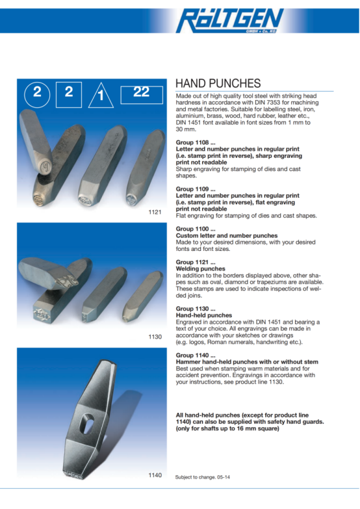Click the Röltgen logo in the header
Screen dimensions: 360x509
click(230, 20)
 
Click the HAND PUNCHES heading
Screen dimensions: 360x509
click(218, 83)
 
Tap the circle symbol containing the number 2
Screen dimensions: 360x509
click(37, 95)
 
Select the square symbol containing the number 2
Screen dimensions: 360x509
click(69, 94)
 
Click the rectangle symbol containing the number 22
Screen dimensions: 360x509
click(142, 95)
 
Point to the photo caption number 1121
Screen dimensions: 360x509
click(155, 213)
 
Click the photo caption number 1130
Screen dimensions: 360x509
click(155, 337)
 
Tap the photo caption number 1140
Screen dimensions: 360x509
click(155, 475)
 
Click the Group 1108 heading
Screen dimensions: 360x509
click(196, 142)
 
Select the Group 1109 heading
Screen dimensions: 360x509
click(196, 189)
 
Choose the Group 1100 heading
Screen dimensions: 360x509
click(196, 229)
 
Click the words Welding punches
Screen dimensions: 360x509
click(200, 268)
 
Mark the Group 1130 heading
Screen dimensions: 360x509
click(196, 309)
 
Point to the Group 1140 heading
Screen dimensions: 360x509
click(196, 355)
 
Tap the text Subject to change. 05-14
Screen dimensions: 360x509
click(202, 477)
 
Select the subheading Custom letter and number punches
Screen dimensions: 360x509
click(227, 236)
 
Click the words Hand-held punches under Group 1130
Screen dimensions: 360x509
click(204, 315)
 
